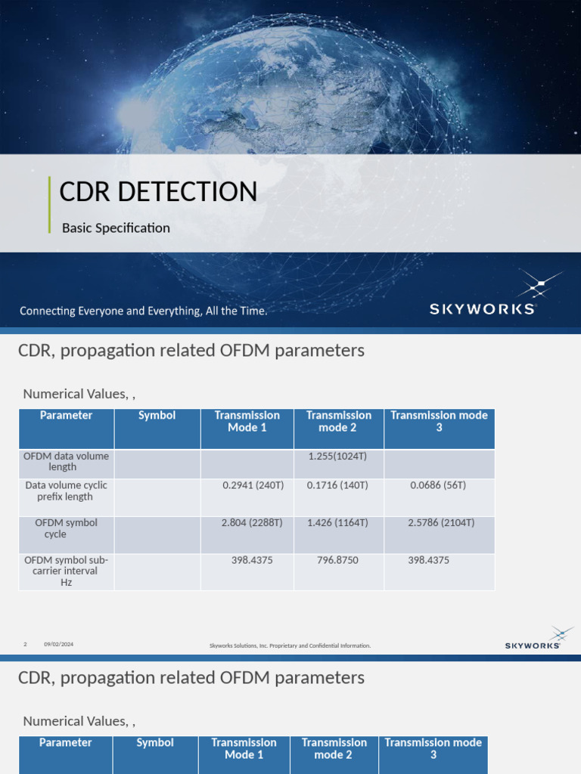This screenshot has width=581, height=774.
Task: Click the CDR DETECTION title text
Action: [x=158, y=192]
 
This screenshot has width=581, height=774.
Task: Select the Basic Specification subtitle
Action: [x=116, y=228]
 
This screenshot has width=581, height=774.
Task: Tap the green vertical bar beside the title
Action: [x=49, y=204]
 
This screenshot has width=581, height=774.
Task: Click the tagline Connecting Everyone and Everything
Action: [x=143, y=311]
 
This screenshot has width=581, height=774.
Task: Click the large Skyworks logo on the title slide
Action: [x=483, y=295]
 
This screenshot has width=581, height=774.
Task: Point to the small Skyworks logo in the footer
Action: [x=533, y=639]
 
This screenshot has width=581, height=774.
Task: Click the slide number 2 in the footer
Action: [x=25, y=644]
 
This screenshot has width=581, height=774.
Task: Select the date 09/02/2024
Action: [x=58, y=644]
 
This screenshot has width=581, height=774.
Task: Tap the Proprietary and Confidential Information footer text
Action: [x=290, y=646]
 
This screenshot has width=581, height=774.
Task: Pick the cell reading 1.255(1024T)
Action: [x=337, y=457]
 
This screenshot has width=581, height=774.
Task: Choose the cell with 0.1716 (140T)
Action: [x=337, y=485]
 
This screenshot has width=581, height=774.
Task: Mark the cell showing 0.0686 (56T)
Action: [x=438, y=485]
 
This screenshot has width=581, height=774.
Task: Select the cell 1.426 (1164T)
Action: [x=337, y=523]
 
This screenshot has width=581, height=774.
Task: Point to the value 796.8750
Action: [x=337, y=560]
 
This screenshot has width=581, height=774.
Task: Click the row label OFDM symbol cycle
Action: [x=66, y=528]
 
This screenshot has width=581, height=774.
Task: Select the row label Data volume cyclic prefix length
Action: [x=66, y=491]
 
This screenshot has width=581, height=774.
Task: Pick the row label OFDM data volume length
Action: [x=66, y=462]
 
